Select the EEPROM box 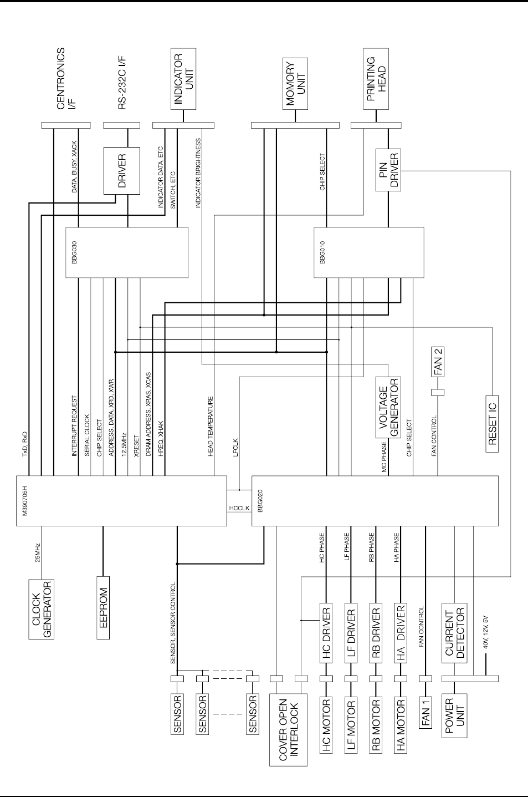[x=103, y=607]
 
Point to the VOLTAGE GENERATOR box [x=388, y=408]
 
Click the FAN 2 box [x=438, y=362]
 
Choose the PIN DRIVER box [x=388, y=170]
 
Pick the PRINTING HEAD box [x=376, y=79]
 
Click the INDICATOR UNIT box [x=183, y=79]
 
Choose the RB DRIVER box [x=376, y=633]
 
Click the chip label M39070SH [x=24, y=500]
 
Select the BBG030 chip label [x=74, y=252]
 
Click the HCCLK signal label [x=239, y=507]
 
